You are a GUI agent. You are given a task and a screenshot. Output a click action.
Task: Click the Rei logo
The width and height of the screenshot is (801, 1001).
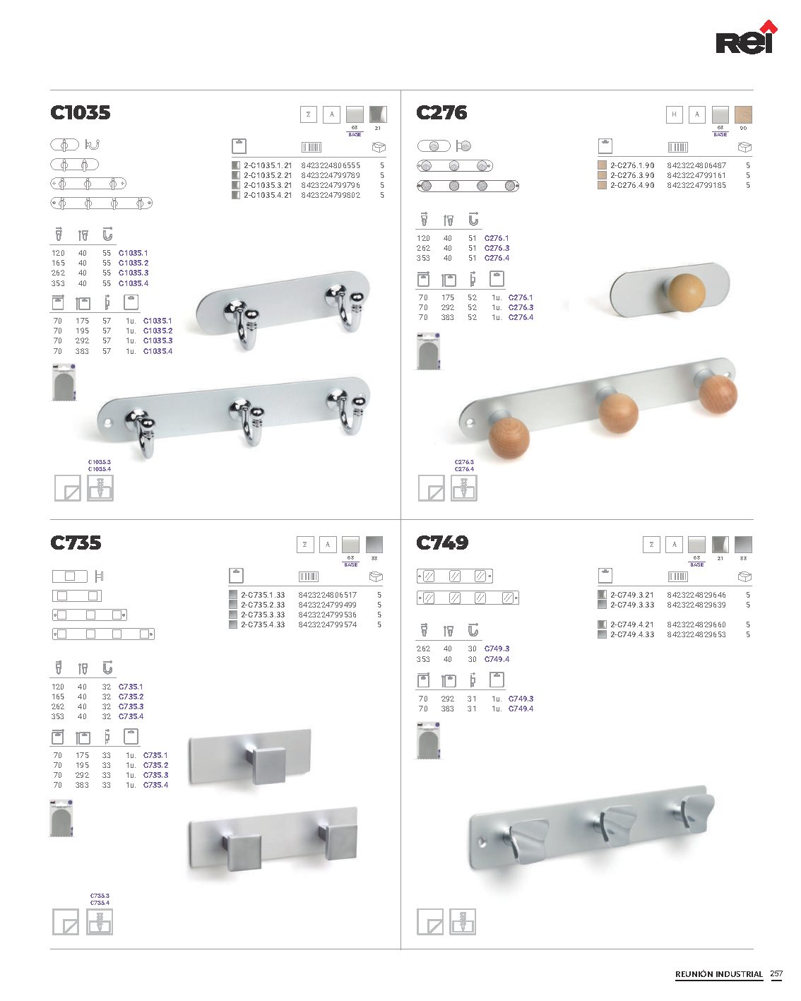tap(746, 38)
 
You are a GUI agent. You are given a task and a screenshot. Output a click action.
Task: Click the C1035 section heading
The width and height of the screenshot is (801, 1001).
tap(80, 112)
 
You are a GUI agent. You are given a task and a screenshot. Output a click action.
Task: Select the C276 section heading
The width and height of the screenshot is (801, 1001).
tap(441, 112)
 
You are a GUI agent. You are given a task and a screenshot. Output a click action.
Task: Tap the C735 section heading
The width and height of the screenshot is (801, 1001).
tap(76, 543)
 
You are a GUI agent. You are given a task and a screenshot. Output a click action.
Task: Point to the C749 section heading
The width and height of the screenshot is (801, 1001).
tap(441, 543)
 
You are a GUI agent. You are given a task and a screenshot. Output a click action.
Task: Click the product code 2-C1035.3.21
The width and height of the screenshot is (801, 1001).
tap(268, 185)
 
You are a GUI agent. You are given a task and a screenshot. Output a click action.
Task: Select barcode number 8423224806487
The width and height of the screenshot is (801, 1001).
tap(696, 165)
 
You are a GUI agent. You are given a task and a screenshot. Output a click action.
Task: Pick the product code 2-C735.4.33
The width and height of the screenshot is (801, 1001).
tap(262, 624)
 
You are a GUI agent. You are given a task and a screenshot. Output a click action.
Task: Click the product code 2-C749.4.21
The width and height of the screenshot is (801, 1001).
tap(631, 624)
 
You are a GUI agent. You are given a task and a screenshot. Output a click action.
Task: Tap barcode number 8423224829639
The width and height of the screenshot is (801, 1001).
tap(696, 605)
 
